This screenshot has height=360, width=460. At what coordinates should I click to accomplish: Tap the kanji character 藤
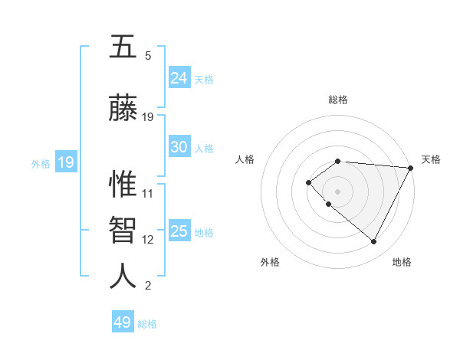click(x=123, y=108)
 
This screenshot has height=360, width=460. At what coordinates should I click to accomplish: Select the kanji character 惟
click(x=123, y=184)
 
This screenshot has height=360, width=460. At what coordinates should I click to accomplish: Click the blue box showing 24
click(x=179, y=77)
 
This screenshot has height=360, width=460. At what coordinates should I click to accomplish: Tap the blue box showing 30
click(x=179, y=147)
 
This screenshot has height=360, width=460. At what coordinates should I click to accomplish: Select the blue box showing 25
click(x=179, y=231)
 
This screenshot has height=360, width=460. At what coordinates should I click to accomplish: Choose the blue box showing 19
click(x=65, y=162)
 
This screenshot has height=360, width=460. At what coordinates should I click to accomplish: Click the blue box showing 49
click(x=123, y=322)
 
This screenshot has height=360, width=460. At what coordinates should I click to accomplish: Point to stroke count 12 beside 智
click(x=148, y=240)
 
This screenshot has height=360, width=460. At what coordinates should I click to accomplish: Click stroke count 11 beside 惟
click(x=148, y=193)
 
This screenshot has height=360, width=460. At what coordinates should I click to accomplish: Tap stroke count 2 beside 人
click(x=148, y=286)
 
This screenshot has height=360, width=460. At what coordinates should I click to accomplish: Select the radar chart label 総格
click(x=338, y=100)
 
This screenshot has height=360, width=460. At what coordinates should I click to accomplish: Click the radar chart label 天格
click(x=431, y=159)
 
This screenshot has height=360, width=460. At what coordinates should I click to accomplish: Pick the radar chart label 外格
click(x=270, y=262)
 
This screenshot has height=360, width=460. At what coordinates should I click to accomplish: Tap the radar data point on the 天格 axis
click(x=411, y=168)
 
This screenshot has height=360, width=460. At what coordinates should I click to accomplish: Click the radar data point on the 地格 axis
click(x=373, y=241)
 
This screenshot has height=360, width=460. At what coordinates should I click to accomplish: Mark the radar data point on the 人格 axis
click(x=308, y=182)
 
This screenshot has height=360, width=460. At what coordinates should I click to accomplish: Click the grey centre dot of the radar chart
click(x=337, y=191)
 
